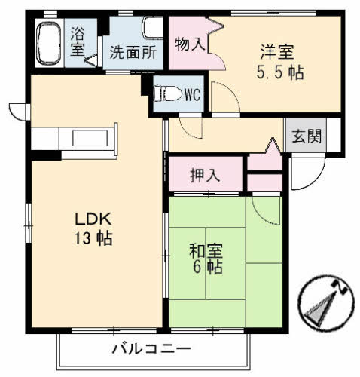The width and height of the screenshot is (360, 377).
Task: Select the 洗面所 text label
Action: coord(133,53)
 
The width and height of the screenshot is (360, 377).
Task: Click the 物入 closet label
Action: coord(190,44)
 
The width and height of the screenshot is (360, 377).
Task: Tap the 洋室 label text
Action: coord(277,53)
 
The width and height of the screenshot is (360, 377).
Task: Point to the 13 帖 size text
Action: coord(93,240)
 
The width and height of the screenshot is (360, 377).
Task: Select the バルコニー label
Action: coord(151,349)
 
